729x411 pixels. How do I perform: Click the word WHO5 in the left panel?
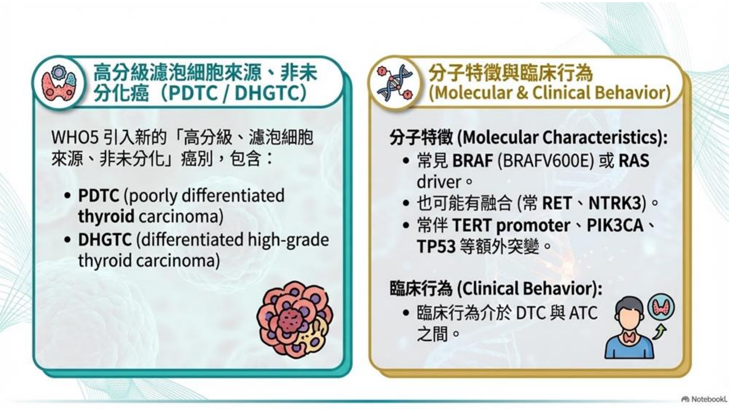[x=75, y=138]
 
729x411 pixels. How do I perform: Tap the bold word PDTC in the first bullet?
[x=98, y=196]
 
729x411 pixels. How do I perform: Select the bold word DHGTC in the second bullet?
[x=105, y=240]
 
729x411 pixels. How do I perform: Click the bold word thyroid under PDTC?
[x=106, y=216]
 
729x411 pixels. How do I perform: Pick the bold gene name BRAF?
[x=472, y=161]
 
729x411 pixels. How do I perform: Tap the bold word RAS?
[x=634, y=161]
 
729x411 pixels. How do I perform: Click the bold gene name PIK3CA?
[x=615, y=225]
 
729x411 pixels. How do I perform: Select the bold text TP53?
[x=436, y=247]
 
